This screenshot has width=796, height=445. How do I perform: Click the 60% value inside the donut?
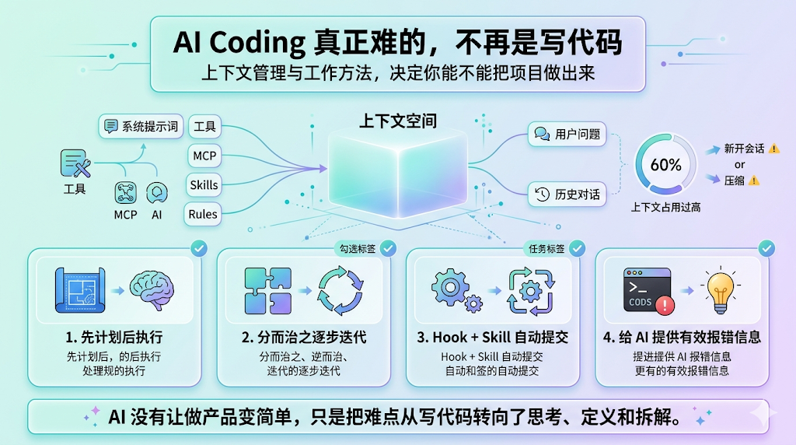click(665, 165)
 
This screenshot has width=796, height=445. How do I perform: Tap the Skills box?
click(204, 185)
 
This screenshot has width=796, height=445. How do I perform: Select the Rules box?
click(203, 214)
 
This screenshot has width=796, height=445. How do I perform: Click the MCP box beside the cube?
click(204, 156)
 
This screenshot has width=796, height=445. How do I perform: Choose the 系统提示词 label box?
click(141, 126)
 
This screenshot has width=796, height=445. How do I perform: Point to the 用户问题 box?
click(567, 135)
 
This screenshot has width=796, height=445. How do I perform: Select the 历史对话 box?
click(568, 194)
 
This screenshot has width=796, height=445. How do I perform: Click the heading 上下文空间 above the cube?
click(397, 121)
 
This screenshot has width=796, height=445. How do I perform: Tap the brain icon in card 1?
click(151, 290)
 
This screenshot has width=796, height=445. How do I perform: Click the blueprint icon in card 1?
click(79, 290)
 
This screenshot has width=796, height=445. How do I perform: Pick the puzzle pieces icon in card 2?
click(267, 290)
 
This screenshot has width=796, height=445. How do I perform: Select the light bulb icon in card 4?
click(719, 289)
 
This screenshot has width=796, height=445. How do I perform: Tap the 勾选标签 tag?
click(355, 249)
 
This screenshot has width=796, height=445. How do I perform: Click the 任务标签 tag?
click(546, 249)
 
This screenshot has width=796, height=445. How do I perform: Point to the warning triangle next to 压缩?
click(754, 180)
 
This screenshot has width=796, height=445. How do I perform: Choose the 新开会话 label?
click(744, 149)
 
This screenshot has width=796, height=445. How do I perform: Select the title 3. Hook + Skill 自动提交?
click(492, 338)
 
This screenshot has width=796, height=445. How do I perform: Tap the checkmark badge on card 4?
click(766, 248)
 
